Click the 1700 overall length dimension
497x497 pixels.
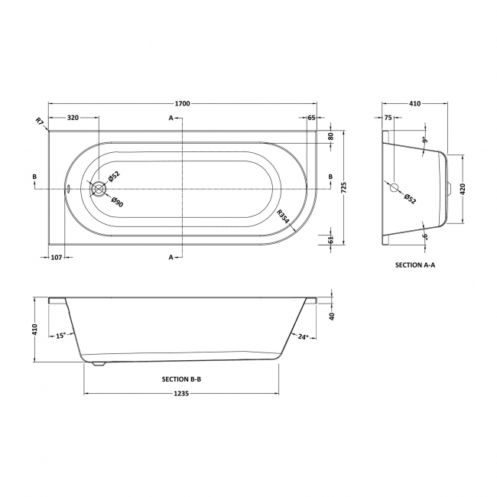182,103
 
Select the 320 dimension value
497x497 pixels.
73,118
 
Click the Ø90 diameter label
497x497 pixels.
117,203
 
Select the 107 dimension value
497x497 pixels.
57,257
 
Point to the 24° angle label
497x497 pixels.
303,336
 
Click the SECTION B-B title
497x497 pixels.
181,378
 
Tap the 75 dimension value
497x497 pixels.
388,118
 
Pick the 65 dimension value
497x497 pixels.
313,118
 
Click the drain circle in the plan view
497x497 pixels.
97,187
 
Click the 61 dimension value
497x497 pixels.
330,239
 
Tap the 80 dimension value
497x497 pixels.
330,135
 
